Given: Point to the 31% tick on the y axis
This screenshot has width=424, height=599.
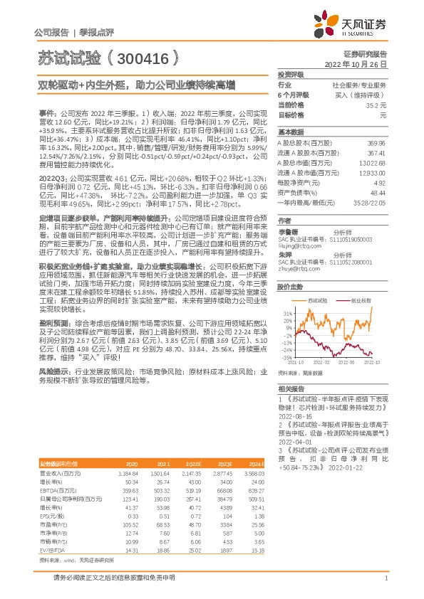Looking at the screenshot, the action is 286,312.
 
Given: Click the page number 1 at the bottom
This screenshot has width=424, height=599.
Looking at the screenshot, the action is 386,579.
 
